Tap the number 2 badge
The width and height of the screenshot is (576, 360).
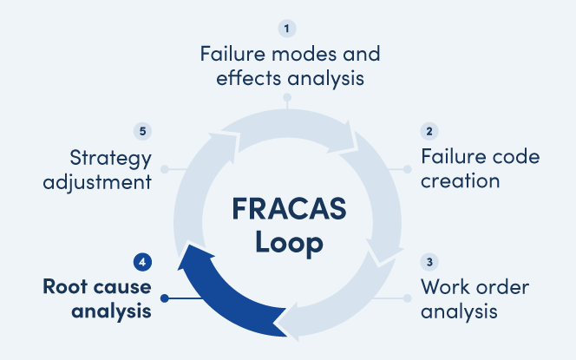(x=429, y=132)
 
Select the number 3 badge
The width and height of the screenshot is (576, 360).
(x=429, y=261)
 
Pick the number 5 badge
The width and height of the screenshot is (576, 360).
(x=143, y=132)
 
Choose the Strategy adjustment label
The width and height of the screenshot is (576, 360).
(x=109, y=169)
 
